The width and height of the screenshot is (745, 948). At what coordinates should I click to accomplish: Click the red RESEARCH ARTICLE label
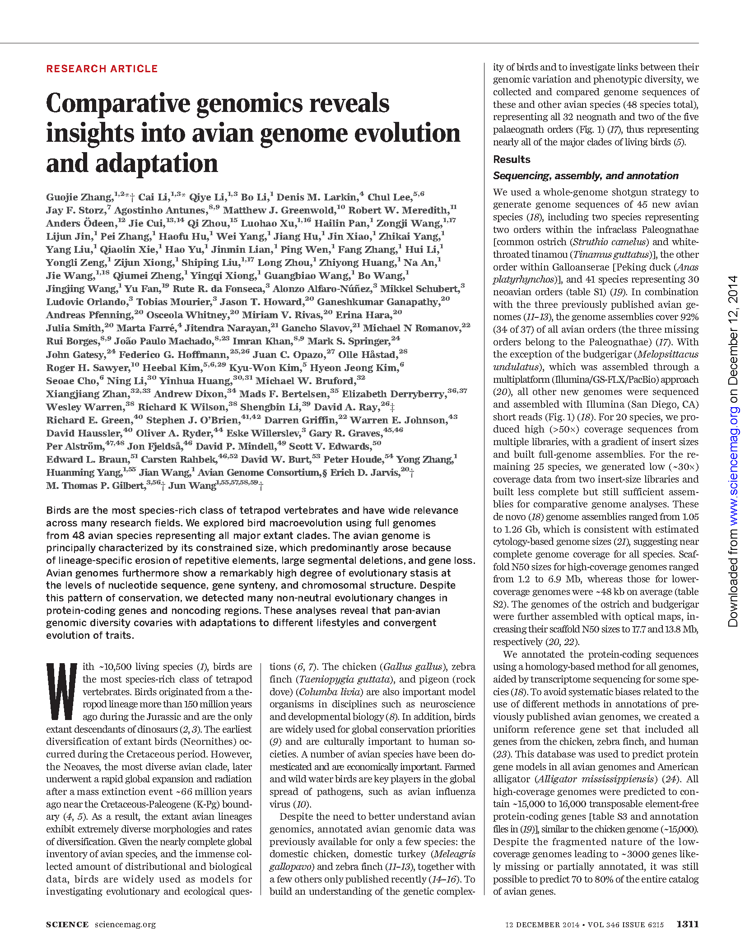(x=102, y=69)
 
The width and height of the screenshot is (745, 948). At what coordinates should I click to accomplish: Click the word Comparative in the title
(x=118, y=103)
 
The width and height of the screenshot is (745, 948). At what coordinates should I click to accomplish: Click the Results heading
(x=512, y=159)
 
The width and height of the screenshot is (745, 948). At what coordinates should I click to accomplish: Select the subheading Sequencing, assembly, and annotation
(x=586, y=176)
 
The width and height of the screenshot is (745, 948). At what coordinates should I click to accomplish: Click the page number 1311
(x=687, y=924)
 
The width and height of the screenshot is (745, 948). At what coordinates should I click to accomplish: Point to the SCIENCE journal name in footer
(x=67, y=925)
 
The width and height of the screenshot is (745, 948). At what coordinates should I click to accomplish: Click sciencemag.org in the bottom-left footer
(x=125, y=925)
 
